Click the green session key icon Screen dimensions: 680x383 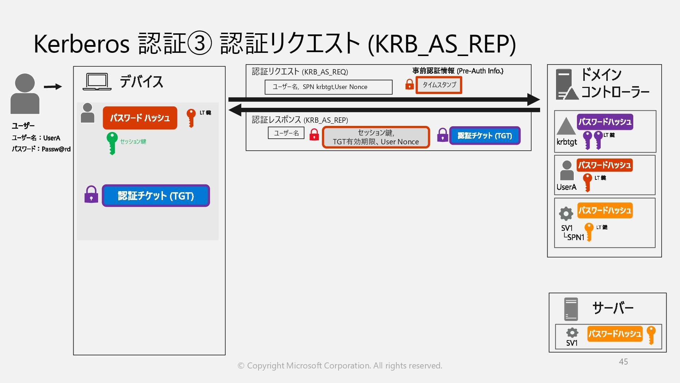pos(112,143)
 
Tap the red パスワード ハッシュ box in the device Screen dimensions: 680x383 pos(140,118)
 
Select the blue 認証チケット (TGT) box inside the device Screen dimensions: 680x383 pos(156,195)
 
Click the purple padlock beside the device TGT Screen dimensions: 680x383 pos(91,195)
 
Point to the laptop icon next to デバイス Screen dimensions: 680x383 pos(97,82)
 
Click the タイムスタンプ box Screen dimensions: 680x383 pos(439,85)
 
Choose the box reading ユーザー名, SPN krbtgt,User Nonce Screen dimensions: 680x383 pos(328,87)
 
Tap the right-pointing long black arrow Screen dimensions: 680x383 pos(384,100)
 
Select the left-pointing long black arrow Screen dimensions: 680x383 pos(384,110)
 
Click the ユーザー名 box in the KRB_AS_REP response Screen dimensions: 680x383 pos(286,133)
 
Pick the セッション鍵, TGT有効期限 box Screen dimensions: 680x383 pos(376,137)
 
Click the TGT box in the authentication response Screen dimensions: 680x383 pos(484,136)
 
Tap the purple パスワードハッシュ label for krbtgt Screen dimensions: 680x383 pos(605,122)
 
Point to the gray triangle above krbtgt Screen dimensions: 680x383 pos(566,126)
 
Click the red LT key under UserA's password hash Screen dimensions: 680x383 pos(587,182)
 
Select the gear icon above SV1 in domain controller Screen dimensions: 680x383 pos(566,213)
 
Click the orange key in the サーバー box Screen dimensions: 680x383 pos(651,335)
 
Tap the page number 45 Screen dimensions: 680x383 pos(623,362)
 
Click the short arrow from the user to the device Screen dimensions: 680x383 pos(53,87)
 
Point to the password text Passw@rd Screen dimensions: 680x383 pos(56,149)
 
